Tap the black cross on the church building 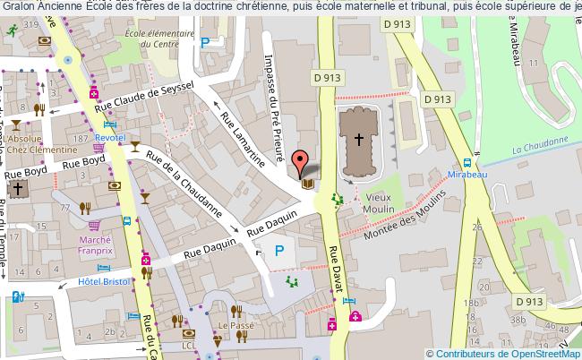click(359, 140)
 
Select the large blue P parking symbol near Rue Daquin click(280, 252)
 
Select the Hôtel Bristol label click(101, 282)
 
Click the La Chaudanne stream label click(540, 142)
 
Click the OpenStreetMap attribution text click(503, 353)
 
